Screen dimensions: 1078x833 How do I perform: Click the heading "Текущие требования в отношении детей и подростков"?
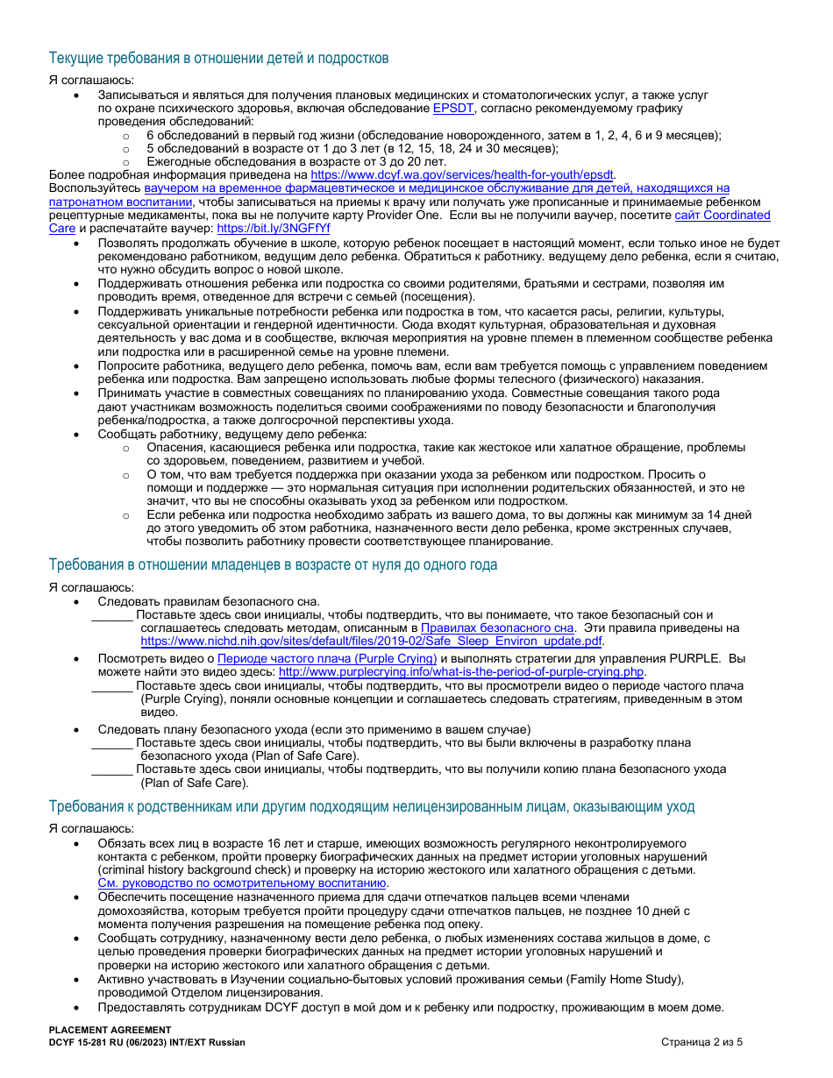218,59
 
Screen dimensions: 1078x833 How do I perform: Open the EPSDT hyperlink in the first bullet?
453,109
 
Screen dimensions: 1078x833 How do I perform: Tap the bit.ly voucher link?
274,228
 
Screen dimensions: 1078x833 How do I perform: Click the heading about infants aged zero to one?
273,564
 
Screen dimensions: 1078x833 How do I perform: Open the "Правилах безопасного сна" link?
497,628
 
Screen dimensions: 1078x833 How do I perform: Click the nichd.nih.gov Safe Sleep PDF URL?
372,641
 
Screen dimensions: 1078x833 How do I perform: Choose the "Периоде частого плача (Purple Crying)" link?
327,658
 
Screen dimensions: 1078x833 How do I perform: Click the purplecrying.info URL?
461,672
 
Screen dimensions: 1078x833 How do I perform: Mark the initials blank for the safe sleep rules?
112,615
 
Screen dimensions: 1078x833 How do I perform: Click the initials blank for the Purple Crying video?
112,686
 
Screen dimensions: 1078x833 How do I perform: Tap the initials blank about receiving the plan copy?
112,769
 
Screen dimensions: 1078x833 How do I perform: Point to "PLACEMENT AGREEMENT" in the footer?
110,1030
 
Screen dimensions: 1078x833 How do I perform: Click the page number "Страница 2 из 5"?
701,1042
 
